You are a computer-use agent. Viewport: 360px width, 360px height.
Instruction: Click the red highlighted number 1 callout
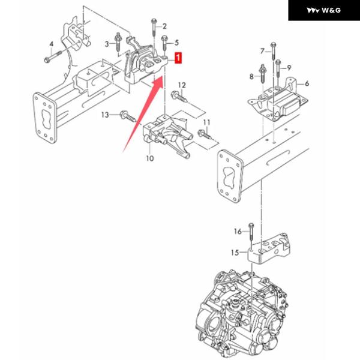tap(178, 58)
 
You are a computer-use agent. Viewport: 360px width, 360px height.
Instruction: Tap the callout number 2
tap(164, 26)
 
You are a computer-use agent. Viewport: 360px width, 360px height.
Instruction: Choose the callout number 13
tap(106, 114)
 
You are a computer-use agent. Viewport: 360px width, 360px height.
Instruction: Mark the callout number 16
tap(238, 230)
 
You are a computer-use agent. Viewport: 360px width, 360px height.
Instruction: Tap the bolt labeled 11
tap(204, 136)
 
